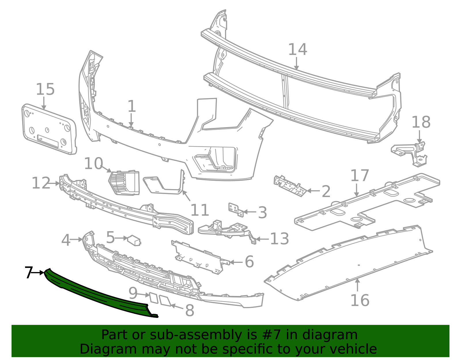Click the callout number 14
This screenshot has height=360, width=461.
(x=298, y=50)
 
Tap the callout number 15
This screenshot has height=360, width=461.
(x=45, y=89)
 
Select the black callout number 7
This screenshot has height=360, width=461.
(x=28, y=272)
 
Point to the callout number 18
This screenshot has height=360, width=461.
(x=421, y=122)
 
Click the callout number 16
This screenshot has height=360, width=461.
(x=360, y=300)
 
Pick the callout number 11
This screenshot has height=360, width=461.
(x=200, y=210)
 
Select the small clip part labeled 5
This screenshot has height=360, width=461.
(x=134, y=240)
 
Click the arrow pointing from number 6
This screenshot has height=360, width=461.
(x=236, y=262)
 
